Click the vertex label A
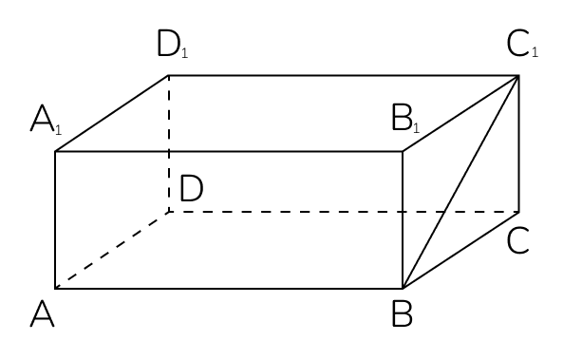[43, 314]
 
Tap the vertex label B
[403, 314]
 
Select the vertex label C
[517, 241]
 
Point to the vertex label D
[192, 189]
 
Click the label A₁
[46, 120]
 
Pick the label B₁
[405, 118]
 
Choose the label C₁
[522, 45]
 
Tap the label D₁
[173, 45]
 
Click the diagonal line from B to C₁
[460, 182]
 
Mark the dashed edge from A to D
[112, 250]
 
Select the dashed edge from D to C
[344, 212]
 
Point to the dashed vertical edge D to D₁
[169, 143]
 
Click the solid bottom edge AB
[229, 289]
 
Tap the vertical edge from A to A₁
[55, 220]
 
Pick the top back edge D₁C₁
[344, 76]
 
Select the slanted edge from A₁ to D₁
[112, 114]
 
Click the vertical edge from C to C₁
[518, 143]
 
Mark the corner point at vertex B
[403, 289]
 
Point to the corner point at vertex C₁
[518, 76]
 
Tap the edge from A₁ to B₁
[229, 152]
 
